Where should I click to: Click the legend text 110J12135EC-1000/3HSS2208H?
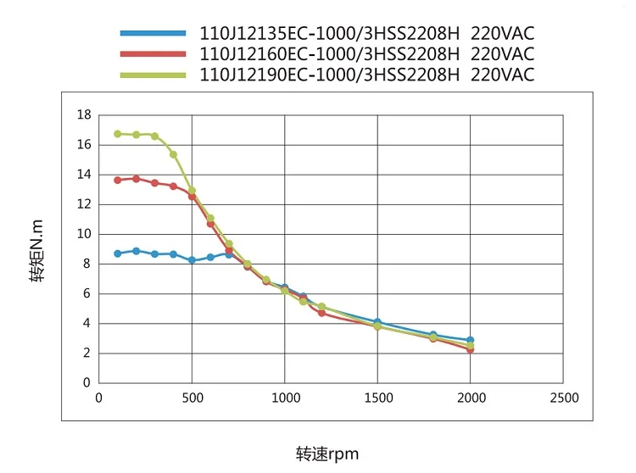[329, 34]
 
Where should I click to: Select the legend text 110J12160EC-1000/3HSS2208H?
[329, 54]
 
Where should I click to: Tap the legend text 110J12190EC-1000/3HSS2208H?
[329, 75]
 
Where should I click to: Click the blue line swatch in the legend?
[153, 34]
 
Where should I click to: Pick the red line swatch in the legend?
[153, 54]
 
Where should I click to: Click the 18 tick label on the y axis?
[84, 114]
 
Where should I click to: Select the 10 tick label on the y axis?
[84, 234]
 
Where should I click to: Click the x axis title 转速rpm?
[327, 454]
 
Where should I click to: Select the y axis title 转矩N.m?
[38, 251]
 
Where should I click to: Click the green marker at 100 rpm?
[117, 134]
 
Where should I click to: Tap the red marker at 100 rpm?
[117, 180]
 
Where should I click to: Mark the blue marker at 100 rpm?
[117, 253]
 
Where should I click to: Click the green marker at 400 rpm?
[173, 154]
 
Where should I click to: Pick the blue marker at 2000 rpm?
[470, 340]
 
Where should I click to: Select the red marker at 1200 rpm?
[321, 313]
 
